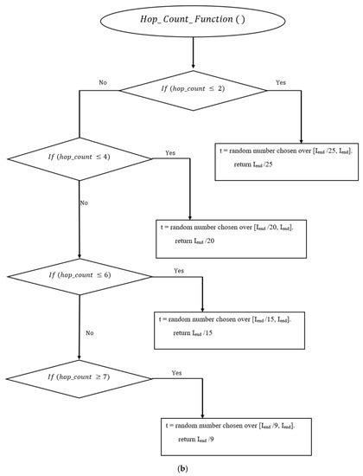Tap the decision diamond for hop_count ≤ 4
tap(80, 159)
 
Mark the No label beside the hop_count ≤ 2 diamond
tap(103, 82)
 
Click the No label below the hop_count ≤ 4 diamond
tap(84, 202)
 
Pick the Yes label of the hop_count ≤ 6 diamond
tap(179, 271)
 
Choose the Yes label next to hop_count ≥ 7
tap(177, 373)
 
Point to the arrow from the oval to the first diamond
tap(193, 58)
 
